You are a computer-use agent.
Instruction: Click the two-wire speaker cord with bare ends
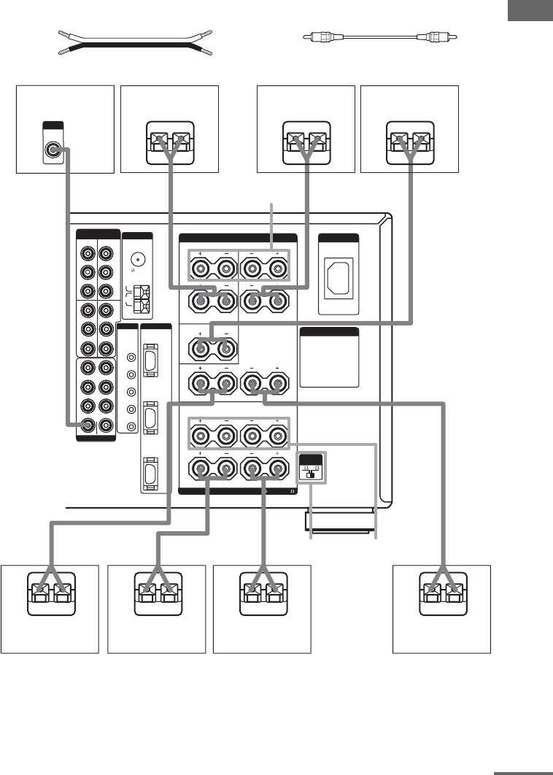pyautogui.click(x=134, y=43)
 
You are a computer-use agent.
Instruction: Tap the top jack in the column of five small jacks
pyautogui.click(x=131, y=358)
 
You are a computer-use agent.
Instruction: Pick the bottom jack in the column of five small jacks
pyautogui.click(x=131, y=427)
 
